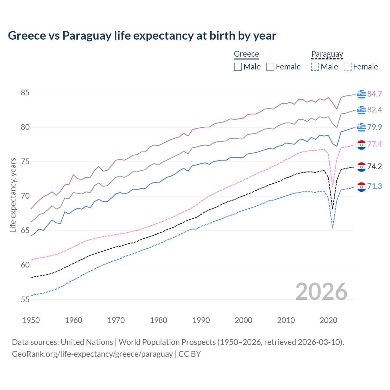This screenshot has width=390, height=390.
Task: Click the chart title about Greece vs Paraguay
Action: tap(142, 36)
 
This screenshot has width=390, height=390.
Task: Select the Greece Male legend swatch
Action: tap(238, 67)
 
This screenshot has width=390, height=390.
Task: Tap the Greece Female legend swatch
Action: tap(270, 67)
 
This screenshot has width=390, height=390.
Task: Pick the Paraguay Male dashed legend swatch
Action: tap(315, 67)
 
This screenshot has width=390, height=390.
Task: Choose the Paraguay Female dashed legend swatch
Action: tap(347, 67)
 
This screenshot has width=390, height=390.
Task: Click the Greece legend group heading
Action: tap(246, 54)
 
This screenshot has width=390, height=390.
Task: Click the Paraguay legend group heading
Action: tap(327, 54)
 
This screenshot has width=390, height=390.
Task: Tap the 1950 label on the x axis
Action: tap(31, 320)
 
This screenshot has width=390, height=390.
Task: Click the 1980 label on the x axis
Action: tap(158, 320)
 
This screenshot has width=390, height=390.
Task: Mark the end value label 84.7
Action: tap(374, 94)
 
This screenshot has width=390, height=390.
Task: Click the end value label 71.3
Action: tap(374, 186)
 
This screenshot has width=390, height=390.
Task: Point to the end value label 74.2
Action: tap(374, 166)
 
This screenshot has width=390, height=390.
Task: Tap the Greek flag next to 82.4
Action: tap(361, 110)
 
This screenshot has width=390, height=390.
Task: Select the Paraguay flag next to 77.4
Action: tap(361, 145)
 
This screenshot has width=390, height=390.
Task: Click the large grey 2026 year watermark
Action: tap(321, 292)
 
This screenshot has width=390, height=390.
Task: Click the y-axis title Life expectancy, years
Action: tap(13, 195)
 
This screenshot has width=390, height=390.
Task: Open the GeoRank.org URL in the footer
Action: tap(92, 354)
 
